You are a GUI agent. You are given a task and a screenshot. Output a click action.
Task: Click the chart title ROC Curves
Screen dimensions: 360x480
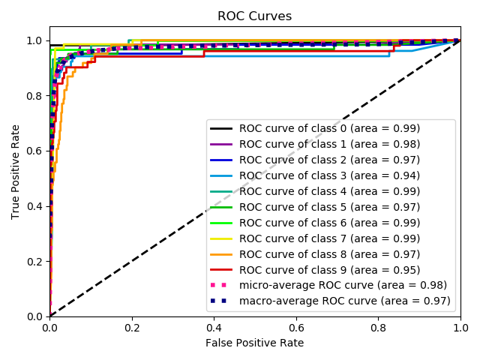[x=254, y=16]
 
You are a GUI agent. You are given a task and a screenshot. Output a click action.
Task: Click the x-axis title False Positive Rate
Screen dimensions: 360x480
[x=255, y=343]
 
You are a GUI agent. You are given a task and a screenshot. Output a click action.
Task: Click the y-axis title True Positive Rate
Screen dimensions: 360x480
[x=16, y=171]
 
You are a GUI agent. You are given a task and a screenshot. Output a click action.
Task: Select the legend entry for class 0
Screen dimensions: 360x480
[x=329, y=128]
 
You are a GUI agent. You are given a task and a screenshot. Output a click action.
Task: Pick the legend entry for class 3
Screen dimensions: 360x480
[x=329, y=175]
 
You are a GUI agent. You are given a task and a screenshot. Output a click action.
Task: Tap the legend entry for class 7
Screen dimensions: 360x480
[x=329, y=238]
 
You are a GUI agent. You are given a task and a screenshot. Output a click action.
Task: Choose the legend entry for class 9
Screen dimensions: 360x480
[x=329, y=270]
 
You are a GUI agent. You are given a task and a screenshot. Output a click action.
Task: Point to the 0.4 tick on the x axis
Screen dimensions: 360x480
[x=214, y=327]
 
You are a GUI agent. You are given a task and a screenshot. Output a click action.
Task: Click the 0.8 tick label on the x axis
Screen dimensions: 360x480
[x=379, y=327]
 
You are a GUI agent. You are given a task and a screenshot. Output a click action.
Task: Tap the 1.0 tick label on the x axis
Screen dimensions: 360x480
[x=460, y=327]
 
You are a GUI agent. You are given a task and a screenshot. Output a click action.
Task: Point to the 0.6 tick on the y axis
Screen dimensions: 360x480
[x=33, y=151]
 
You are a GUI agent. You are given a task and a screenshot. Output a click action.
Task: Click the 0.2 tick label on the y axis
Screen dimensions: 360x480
[x=33, y=261]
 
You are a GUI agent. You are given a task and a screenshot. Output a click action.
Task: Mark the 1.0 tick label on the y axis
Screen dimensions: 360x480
[x=33, y=40]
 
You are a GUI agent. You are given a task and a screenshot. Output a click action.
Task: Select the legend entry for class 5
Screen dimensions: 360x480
[x=329, y=207]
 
